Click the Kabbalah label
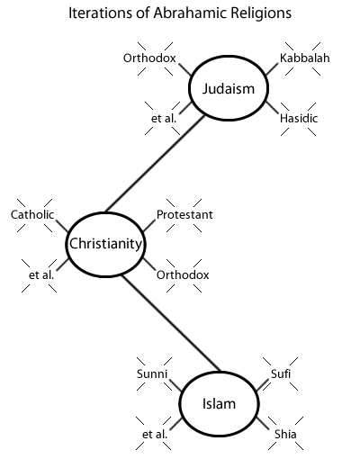304,58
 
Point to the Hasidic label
299,118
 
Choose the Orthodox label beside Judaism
149,58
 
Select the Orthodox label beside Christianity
183,274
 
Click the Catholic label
32,214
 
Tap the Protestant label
184,214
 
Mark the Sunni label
152,373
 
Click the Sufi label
281,373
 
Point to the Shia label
285,434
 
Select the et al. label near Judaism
164,118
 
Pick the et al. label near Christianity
41,274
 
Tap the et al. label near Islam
155,434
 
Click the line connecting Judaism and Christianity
155,164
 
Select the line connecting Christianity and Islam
171,323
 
